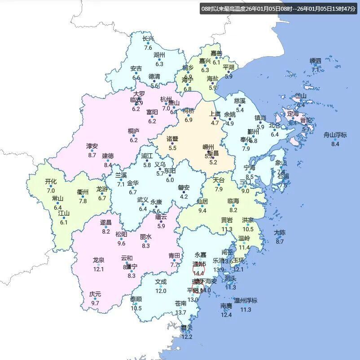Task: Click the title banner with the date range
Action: coord(279,9)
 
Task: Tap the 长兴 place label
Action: coord(148,39)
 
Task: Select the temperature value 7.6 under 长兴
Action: coord(148,48)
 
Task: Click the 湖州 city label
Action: coord(159,55)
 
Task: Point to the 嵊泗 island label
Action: coord(316,61)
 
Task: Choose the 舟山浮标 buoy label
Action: coord(335,135)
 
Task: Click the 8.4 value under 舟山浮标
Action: coord(335,144)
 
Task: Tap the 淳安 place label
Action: coord(92,146)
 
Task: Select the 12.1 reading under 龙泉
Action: coord(98,269)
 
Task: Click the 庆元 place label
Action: coord(95,294)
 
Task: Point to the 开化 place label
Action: coord(51,182)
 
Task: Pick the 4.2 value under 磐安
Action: coord(184,196)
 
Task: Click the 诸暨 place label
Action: coord(172,139)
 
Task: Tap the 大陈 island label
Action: coord(280,232)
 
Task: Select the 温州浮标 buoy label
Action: coord(246,300)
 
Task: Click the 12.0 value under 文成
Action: coord(161,291)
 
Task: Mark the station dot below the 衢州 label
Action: coord(83,196)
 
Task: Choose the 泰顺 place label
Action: coord(136,299)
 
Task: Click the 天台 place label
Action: coord(219,180)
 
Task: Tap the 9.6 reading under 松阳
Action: coord(121,244)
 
